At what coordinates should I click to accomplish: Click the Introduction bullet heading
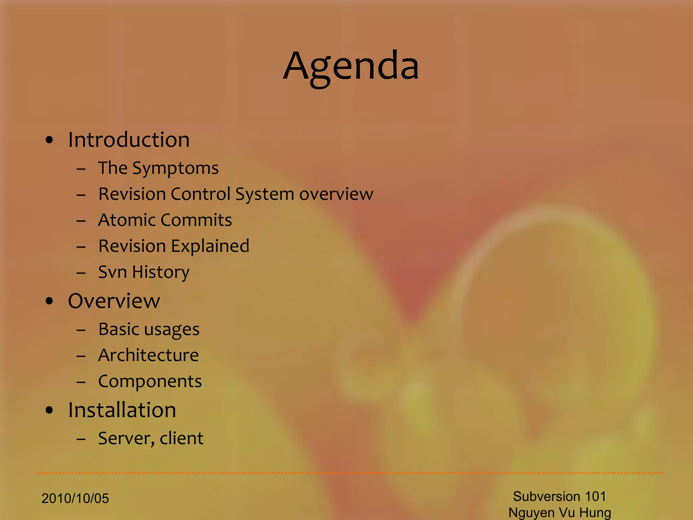click(x=129, y=139)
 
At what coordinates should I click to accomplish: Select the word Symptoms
click(x=175, y=168)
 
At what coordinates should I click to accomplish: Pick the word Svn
click(x=112, y=272)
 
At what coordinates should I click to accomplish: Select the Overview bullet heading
click(x=114, y=301)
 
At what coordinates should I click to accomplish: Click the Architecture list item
click(x=148, y=355)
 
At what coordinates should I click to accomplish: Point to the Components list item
click(x=150, y=382)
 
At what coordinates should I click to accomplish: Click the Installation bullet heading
click(x=122, y=410)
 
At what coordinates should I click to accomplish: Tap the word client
click(x=181, y=438)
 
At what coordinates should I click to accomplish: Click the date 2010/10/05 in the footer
click(x=75, y=498)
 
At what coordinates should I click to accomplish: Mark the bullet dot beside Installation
click(x=49, y=410)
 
